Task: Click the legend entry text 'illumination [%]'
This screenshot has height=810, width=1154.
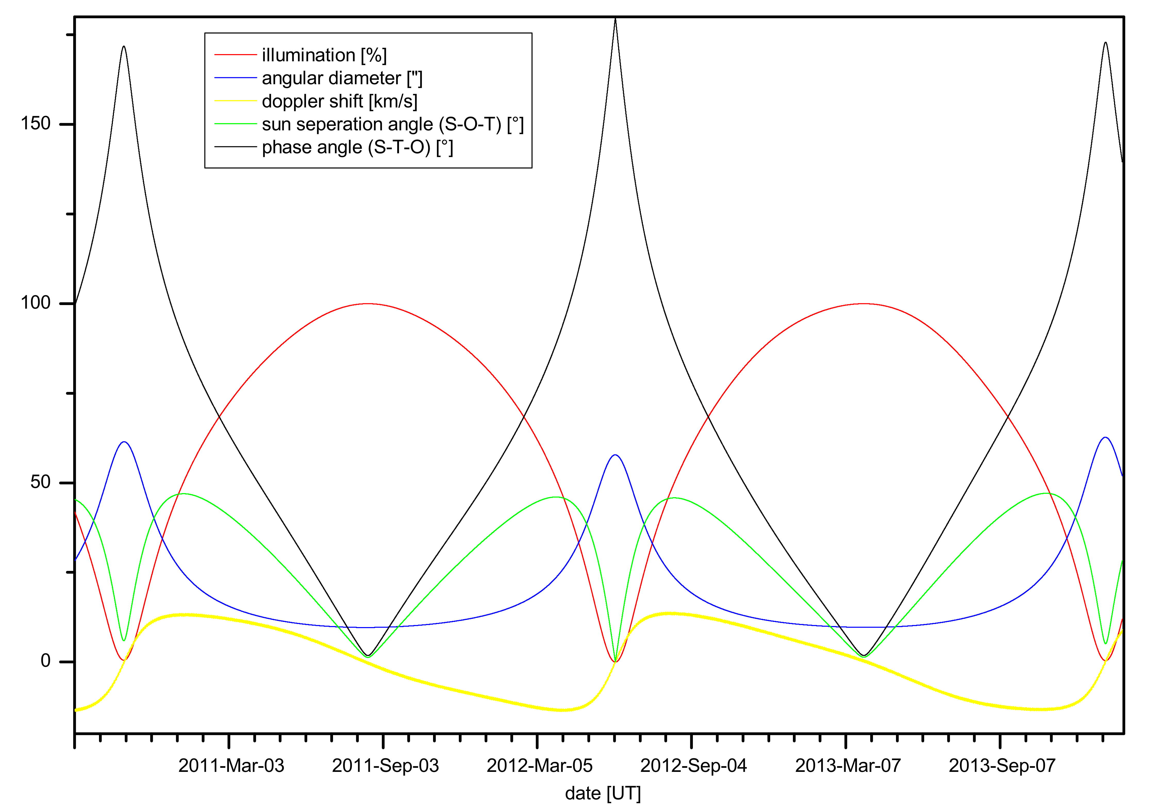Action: click(x=324, y=55)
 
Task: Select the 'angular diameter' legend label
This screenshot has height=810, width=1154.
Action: click(x=342, y=78)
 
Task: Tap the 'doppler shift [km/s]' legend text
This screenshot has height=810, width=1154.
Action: click(x=339, y=102)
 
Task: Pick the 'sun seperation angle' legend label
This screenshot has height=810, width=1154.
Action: click(x=393, y=125)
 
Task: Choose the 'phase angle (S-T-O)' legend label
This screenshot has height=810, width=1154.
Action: click(x=357, y=148)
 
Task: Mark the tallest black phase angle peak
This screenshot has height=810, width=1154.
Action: click(x=615, y=19)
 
